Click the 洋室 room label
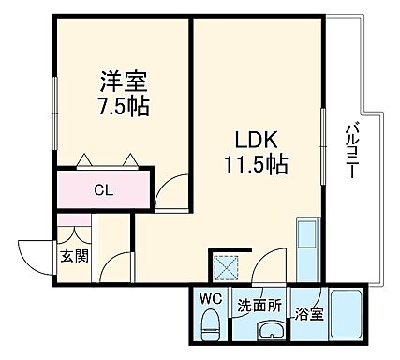pos(122,81)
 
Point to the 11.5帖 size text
pos(254,165)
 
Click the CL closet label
pos(104,191)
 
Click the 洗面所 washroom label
pos(259,305)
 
